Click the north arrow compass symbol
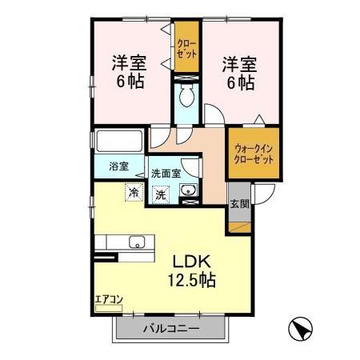(298, 329)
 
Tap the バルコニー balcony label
(169, 329)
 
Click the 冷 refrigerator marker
(132, 192)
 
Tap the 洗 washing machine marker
(161, 194)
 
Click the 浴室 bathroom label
(118, 167)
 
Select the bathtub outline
(118, 142)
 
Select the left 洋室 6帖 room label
(130, 70)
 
